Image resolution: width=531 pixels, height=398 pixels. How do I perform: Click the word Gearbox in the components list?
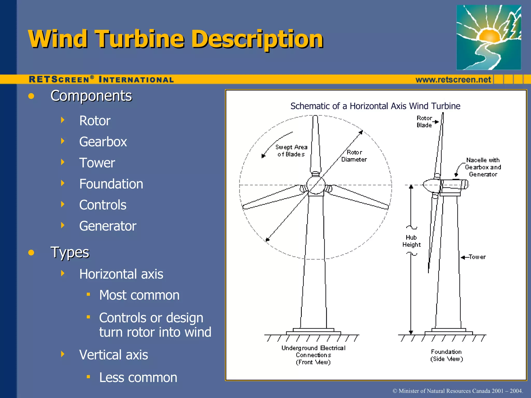point(103,142)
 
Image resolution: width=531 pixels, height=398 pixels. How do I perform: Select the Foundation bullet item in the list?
point(111,184)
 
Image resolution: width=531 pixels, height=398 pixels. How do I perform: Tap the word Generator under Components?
point(108,226)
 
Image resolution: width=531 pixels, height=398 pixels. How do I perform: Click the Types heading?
point(70,252)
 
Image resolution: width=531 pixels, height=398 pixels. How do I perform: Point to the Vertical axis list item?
point(113,355)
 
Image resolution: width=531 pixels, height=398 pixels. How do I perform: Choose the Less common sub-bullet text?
point(138,378)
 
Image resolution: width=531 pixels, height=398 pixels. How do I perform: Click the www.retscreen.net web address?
point(453,80)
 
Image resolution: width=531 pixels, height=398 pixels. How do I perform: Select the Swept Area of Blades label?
point(291,151)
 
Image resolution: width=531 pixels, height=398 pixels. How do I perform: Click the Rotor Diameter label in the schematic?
point(354,156)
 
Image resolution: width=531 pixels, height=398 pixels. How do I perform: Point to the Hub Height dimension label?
point(411,241)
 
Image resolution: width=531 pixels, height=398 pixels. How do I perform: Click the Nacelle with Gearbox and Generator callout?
point(483,167)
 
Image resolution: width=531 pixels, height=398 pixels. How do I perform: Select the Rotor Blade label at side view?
point(424,122)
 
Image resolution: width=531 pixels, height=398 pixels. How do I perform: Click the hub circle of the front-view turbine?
point(316,185)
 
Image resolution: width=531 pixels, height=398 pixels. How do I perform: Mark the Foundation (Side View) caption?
point(446,355)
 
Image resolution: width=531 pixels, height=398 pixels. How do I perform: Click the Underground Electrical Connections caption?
point(313,355)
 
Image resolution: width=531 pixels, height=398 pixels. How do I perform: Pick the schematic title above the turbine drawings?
point(375,106)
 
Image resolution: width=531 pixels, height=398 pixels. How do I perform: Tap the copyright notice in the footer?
point(458,391)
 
